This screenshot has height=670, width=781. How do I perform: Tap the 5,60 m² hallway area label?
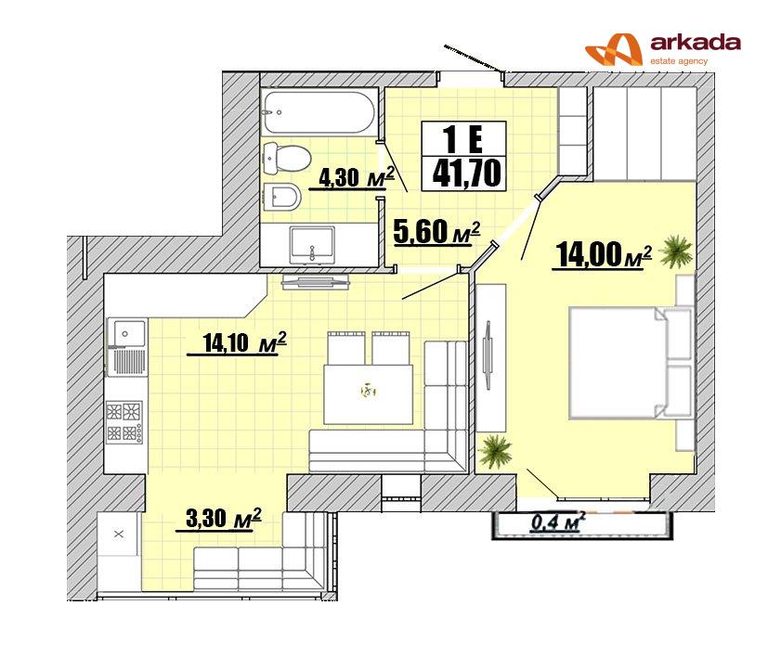point(436,232)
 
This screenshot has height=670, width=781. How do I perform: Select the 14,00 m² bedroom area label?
point(604,255)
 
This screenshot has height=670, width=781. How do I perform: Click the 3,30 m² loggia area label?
point(223,518)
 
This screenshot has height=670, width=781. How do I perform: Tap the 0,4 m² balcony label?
point(558,522)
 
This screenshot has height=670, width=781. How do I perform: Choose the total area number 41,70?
point(466,174)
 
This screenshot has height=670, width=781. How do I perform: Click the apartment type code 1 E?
point(463,139)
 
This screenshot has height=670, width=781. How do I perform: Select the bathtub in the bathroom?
point(319,111)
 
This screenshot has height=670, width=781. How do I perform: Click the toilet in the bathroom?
point(285,158)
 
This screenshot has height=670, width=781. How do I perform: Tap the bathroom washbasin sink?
point(312,245)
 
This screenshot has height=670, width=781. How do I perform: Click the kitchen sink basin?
point(127,333)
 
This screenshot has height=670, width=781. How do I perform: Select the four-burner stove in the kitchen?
point(124,422)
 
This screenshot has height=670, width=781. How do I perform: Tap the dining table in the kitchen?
point(368,393)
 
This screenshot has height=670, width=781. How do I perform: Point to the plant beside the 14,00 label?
point(676,251)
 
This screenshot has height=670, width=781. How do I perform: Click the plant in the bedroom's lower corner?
point(495,451)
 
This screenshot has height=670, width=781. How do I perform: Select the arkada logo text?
point(696,43)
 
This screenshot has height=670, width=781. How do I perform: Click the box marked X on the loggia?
point(118,535)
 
